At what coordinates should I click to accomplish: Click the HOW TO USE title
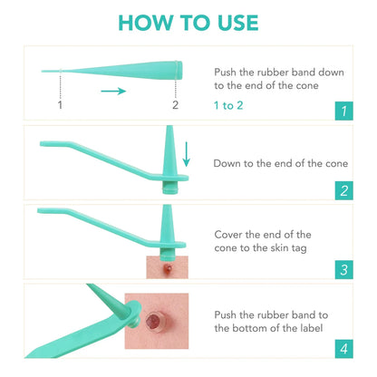pyautogui.click(x=188, y=23)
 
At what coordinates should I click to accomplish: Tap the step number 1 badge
pyautogui.click(x=343, y=111)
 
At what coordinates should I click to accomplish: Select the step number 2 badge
pyautogui.click(x=343, y=190)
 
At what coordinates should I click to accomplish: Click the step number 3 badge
pyautogui.click(x=343, y=269)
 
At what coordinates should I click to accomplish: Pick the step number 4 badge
pyautogui.click(x=343, y=348)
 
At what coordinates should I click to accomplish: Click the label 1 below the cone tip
pyautogui.click(x=60, y=105)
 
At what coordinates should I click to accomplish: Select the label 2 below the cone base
pyautogui.click(x=175, y=105)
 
